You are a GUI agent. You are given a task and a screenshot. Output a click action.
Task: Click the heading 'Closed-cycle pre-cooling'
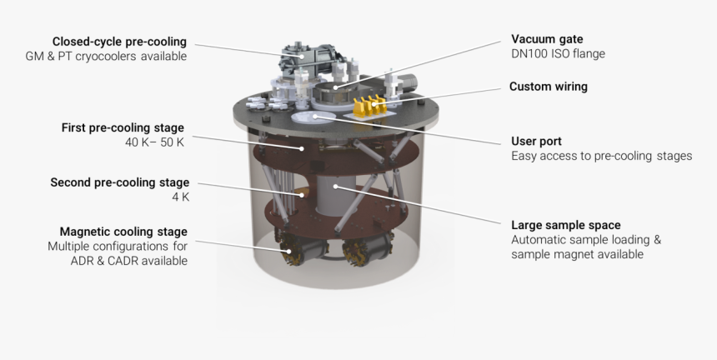[119, 42]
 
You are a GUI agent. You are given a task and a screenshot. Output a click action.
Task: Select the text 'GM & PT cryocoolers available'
[106, 57]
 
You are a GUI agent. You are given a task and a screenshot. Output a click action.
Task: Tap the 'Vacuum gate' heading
[546, 39]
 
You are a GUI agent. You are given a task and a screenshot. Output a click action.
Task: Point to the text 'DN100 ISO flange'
[557, 54]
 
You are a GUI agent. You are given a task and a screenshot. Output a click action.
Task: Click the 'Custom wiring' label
[548, 87]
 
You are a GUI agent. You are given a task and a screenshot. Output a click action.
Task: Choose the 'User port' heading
[536, 141]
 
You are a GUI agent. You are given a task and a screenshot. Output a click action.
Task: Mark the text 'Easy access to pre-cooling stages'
[601, 156]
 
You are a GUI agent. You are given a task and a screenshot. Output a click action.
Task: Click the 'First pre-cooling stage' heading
[123, 127]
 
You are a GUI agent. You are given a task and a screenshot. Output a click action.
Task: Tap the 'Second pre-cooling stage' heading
[119, 182]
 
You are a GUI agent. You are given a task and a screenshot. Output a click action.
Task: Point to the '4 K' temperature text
[180, 197]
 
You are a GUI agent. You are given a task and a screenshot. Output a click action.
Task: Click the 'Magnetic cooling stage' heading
[123, 231]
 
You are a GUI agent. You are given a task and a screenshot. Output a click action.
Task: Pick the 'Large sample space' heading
[565, 224]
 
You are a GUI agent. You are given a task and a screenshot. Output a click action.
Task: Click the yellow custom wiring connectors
[372, 106]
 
